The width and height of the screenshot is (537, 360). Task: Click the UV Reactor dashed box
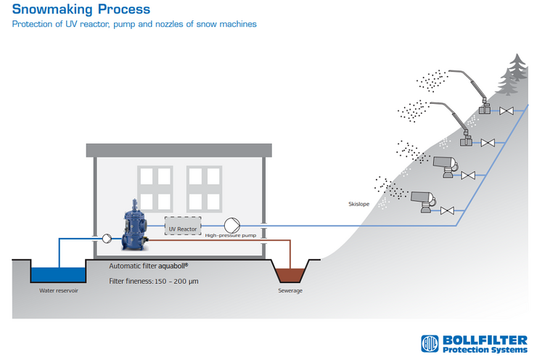pyautogui.click(x=183, y=226)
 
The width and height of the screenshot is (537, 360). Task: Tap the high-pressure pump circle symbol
pyautogui.click(x=232, y=226)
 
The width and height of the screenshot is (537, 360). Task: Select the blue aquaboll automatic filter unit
pyautogui.click(x=134, y=226)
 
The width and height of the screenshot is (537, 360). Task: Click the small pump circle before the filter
pyautogui.click(x=107, y=238)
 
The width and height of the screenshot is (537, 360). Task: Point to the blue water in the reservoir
pyautogui.click(x=58, y=274)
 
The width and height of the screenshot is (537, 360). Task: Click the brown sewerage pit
pyautogui.click(x=290, y=275)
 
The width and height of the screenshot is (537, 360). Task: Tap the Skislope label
pyautogui.click(x=358, y=204)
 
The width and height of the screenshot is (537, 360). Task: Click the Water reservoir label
pyautogui.click(x=59, y=290)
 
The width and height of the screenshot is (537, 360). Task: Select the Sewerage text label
pyautogui.click(x=290, y=290)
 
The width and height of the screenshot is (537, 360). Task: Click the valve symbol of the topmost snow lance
pyautogui.click(x=507, y=111)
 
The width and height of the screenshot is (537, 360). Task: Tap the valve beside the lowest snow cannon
pyautogui.click(x=447, y=210)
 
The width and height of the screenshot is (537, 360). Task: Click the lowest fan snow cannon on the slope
pyautogui.click(x=423, y=201)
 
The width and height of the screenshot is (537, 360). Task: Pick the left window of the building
pyautogui.click(x=155, y=189)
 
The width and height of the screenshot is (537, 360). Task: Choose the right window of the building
pyautogui.click(x=204, y=189)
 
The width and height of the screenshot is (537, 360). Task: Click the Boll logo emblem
pyautogui.click(x=430, y=343)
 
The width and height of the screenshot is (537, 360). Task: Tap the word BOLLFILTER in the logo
pyautogui.click(x=485, y=340)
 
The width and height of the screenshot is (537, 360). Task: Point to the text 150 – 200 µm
pyautogui.click(x=176, y=281)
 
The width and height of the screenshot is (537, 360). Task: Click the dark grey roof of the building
pyautogui.click(x=179, y=150)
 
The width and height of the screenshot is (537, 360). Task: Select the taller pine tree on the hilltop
pyautogui.click(x=517, y=67)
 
